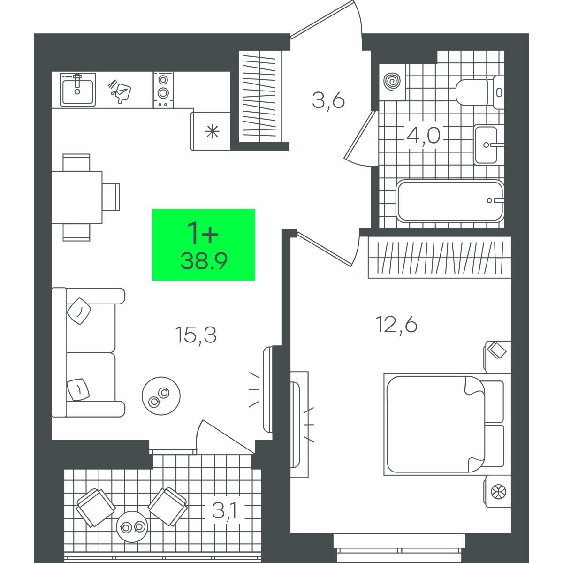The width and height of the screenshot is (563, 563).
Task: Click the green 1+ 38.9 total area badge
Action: (204, 244)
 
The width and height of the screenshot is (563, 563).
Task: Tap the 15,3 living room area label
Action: (196, 336)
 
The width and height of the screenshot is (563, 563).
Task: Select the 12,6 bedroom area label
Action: (396, 325)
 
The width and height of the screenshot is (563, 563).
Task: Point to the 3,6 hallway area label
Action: (328, 101)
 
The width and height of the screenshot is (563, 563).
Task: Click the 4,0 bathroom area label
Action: (423, 135)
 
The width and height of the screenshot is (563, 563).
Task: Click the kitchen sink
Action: (78, 90)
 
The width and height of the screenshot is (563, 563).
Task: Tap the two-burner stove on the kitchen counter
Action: (163, 90)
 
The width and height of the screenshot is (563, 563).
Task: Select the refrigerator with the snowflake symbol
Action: (211, 131)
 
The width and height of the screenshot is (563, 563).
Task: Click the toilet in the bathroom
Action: (479, 92)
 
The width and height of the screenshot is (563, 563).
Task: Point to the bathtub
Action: (450, 201)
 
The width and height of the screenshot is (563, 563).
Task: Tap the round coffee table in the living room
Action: (161, 396)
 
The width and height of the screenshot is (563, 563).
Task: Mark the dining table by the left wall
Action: (77, 198)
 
